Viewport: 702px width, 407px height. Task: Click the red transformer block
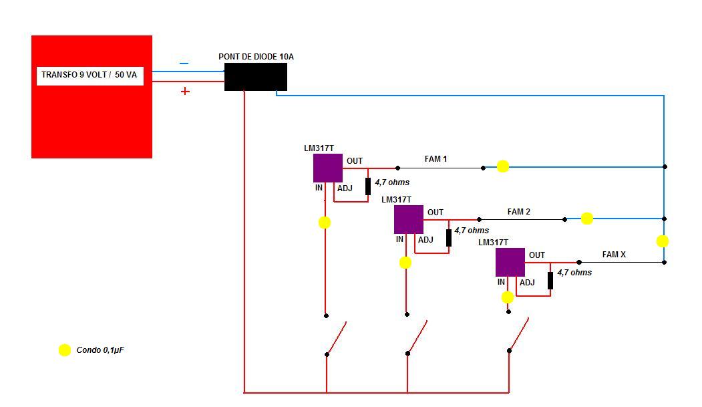pyautogui.click(x=92, y=114)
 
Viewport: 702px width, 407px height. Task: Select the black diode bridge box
pyautogui.click(x=255, y=77)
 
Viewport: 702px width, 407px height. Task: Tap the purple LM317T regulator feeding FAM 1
pyautogui.click(x=328, y=168)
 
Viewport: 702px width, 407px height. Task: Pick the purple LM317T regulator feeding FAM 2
pyautogui.click(x=409, y=219)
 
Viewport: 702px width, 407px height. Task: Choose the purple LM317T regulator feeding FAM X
pyautogui.click(x=510, y=262)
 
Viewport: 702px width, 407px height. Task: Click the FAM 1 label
pyautogui.click(x=435, y=159)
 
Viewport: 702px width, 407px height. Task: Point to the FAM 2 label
pyautogui.click(x=519, y=212)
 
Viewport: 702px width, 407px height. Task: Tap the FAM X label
pyautogui.click(x=614, y=255)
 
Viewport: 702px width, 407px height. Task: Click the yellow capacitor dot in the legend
pyautogui.click(x=65, y=350)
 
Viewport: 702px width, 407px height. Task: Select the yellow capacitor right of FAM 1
pyautogui.click(x=503, y=166)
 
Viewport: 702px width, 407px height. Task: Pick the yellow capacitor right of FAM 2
pyautogui.click(x=586, y=219)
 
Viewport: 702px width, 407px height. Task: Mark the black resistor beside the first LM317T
pyautogui.click(x=368, y=186)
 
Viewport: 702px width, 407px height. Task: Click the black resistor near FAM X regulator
pyautogui.click(x=550, y=280)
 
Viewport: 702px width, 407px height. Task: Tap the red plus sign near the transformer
pyautogui.click(x=185, y=91)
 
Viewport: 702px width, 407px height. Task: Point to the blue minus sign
pyautogui.click(x=184, y=63)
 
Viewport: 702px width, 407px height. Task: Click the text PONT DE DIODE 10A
pyautogui.click(x=256, y=57)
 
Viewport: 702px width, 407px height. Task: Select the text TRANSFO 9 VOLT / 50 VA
pyautogui.click(x=89, y=75)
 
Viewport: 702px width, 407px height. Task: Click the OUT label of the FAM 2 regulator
pyautogui.click(x=435, y=213)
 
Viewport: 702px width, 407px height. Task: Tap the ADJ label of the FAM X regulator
pyautogui.click(x=527, y=283)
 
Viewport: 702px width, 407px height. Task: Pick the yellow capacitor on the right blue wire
pyautogui.click(x=663, y=241)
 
